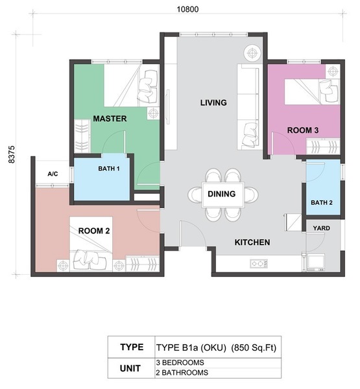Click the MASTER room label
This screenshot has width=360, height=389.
(110, 119)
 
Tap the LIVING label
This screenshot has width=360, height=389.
(213, 102)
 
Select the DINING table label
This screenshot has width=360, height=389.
(221, 194)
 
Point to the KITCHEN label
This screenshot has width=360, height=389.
(252, 242)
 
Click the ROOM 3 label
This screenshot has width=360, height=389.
(303, 130)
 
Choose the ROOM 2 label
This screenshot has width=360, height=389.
(94, 231)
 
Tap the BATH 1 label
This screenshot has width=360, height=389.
(109, 169)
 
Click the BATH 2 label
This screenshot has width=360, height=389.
(322, 203)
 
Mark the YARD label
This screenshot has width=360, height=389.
(321, 228)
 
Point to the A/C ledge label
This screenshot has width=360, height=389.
(53, 174)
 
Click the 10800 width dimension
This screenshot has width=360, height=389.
(187, 10)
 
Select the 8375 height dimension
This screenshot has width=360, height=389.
(12, 154)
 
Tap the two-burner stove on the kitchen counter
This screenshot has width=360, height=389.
(259, 263)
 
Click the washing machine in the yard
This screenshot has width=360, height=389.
(316, 262)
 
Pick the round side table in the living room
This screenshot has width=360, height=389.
(252, 53)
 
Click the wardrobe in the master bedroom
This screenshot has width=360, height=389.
(82, 136)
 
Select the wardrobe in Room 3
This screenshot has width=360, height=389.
(323, 147)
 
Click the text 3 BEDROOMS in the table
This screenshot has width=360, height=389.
(180, 362)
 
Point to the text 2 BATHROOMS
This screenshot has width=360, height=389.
(182, 373)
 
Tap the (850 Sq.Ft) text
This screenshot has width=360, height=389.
(254, 348)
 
